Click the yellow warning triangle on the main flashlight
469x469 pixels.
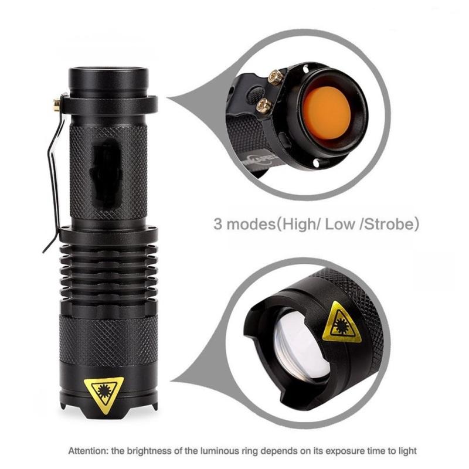(104, 390)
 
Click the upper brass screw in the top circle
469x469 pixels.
(273, 75)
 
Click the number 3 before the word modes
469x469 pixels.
(217, 224)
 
